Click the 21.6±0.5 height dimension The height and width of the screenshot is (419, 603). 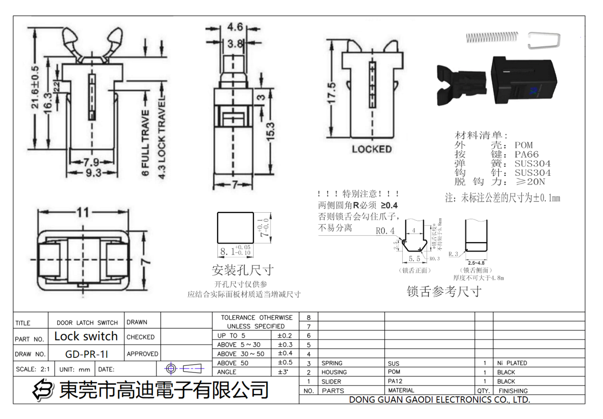pos(35,87)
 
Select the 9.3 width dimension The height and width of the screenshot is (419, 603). pos(93,173)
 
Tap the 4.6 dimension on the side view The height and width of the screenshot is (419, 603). pos(235,27)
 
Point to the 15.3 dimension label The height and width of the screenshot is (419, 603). pos(270,131)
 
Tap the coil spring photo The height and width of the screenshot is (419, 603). pos(492,38)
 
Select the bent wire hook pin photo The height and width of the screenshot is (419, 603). pos(544,41)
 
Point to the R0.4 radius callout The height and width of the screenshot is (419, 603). pos(385,231)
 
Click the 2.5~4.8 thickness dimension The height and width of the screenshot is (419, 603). pos(476,263)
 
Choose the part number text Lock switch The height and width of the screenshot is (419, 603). pos(86,336)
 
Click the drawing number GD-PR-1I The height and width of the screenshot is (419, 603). pos(86,354)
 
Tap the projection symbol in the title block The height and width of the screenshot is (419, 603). pos(184,368)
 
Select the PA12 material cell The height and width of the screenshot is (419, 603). pos(395,381)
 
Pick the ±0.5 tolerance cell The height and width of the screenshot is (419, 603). pos(285,363)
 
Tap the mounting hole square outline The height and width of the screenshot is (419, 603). pos(235,228)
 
